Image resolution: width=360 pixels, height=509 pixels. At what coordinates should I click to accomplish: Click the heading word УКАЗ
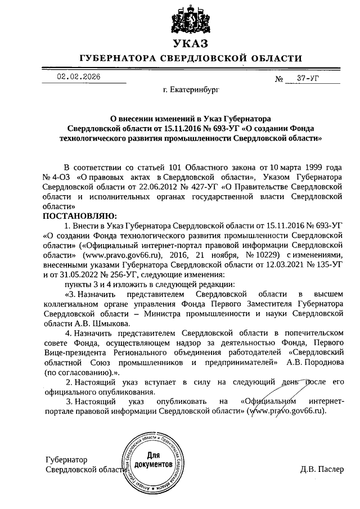190,43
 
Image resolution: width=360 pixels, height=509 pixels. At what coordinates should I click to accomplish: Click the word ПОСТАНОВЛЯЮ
78,216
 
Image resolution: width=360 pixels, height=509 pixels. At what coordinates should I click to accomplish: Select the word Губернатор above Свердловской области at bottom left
67,460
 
